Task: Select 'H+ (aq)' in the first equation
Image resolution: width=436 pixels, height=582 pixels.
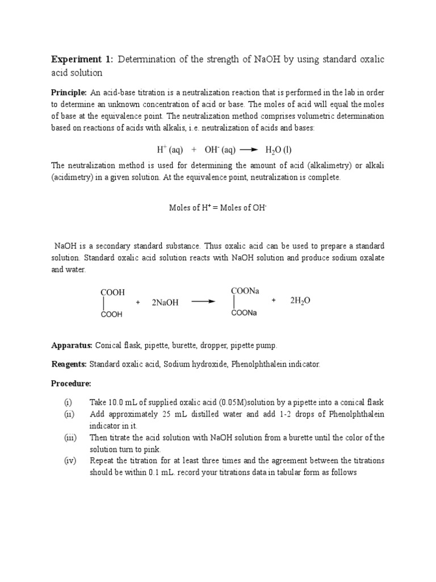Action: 170,150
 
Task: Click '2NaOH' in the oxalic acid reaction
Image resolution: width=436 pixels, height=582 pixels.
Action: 165,302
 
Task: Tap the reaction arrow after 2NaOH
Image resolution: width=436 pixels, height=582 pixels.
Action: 203,302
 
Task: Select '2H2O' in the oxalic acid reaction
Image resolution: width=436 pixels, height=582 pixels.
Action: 300,301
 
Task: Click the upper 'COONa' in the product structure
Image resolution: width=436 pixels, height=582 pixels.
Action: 245,290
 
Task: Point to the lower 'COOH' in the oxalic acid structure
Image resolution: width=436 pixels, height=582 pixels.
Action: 112,314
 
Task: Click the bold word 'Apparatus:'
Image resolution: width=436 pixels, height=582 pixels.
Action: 72,345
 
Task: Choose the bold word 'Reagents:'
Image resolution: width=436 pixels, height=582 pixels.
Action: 69,364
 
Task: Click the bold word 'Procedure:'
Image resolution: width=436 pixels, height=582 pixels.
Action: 71,383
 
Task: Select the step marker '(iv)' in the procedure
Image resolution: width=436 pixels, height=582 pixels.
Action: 69,460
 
